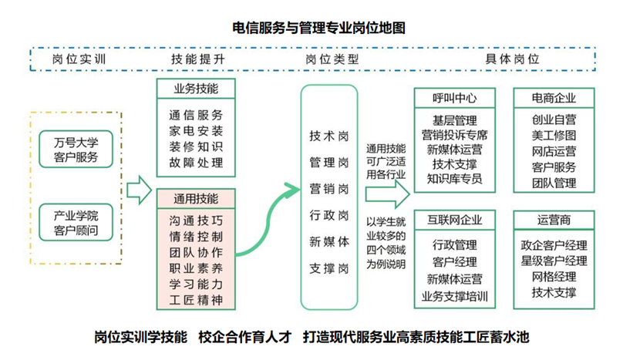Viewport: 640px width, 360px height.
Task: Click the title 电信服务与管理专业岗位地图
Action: click(318, 29)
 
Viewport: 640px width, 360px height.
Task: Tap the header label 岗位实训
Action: click(79, 59)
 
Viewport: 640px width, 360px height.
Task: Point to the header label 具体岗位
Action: click(512, 59)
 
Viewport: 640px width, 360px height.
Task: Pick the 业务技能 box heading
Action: click(196, 89)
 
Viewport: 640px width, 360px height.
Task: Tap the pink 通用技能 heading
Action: click(196, 199)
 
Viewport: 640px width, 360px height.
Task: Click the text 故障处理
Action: click(196, 163)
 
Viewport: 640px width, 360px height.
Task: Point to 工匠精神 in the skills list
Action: click(196, 300)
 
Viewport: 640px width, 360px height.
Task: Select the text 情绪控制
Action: click(196, 236)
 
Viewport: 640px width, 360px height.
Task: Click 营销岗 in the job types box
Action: click(328, 189)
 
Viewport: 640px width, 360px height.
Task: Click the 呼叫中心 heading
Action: click(454, 98)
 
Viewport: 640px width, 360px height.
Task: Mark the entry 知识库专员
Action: click(454, 179)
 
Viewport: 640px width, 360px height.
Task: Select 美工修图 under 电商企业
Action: click(554, 136)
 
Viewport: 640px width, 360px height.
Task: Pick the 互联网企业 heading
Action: click(454, 220)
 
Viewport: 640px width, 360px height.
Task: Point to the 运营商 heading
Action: click(554, 220)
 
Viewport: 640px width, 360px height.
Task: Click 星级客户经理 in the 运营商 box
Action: click(554, 261)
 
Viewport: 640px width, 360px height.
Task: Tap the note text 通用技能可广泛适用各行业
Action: click(386, 161)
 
